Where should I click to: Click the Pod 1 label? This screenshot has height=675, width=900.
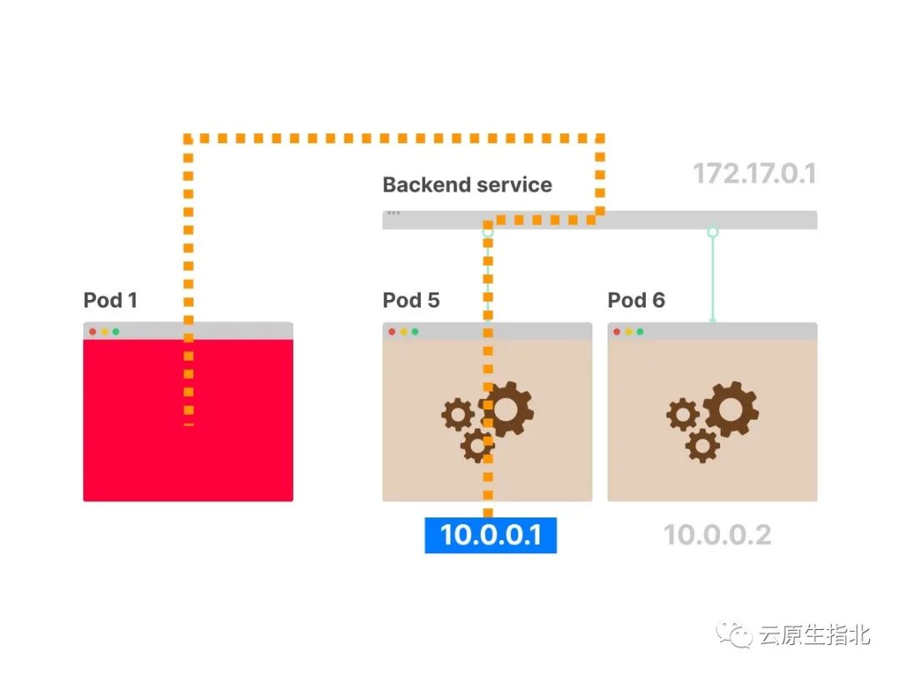pyautogui.click(x=110, y=301)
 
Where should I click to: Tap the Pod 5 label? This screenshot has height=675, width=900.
pyautogui.click(x=411, y=301)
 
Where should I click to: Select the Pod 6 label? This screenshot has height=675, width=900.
pyautogui.click(x=636, y=301)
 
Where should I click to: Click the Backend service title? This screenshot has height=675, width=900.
pyautogui.click(x=467, y=185)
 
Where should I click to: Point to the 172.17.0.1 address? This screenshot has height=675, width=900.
pyautogui.click(x=754, y=174)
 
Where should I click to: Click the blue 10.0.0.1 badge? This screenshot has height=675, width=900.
pyautogui.click(x=491, y=534)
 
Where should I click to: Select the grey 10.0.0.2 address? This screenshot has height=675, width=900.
pyautogui.click(x=717, y=534)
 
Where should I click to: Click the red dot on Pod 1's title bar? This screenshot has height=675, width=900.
pyautogui.click(x=92, y=332)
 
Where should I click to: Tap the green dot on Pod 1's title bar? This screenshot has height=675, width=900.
pyautogui.click(x=116, y=332)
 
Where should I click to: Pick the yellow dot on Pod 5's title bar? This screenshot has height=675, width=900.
pyautogui.click(x=403, y=332)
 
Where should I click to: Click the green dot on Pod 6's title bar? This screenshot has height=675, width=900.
pyautogui.click(x=640, y=332)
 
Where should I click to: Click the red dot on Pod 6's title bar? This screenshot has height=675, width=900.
pyautogui.click(x=617, y=332)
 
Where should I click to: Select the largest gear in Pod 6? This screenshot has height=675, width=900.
pyautogui.click(x=731, y=409)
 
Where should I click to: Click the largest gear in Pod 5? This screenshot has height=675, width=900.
pyautogui.click(x=507, y=409)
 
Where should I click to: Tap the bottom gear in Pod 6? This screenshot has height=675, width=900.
pyautogui.click(x=702, y=446)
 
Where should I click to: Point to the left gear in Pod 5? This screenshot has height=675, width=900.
pyautogui.click(x=457, y=414)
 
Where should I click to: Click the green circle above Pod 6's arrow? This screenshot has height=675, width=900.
pyautogui.click(x=712, y=232)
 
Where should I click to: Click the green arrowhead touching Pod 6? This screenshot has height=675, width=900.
pyautogui.click(x=712, y=320)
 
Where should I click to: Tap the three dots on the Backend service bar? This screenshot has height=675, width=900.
pyautogui.click(x=393, y=213)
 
